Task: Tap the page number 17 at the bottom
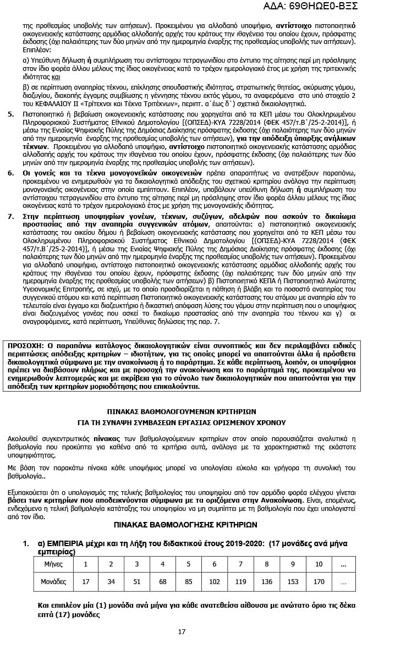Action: point(182,631)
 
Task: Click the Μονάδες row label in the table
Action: point(53,581)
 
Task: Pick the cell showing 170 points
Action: point(319,581)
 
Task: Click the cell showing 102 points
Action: point(215,581)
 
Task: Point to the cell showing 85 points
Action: point(188,581)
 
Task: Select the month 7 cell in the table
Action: point(240,564)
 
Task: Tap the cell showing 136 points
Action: point(267,581)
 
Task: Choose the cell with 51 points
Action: point(137,581)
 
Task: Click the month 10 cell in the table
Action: point(319,564)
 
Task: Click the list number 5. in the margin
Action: point(11,114)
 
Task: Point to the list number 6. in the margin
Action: point(11,173)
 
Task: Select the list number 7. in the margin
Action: point(11,217)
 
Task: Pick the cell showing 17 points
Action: point(86,581)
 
